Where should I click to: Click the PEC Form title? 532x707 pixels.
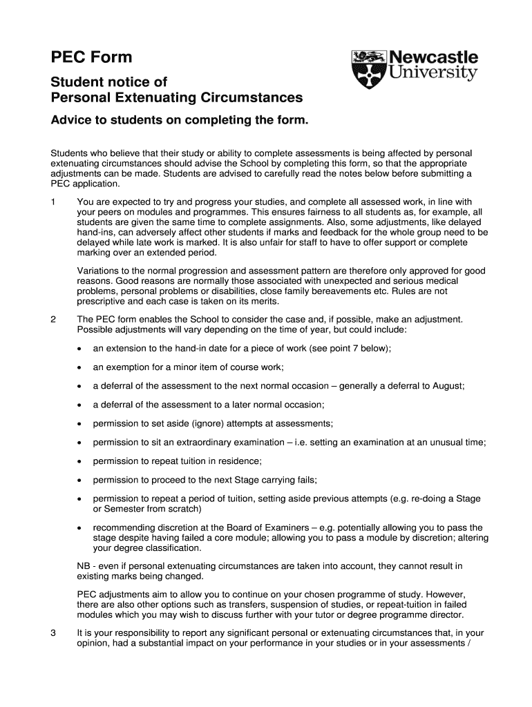(x=91, y=57)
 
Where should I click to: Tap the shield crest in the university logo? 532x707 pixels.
(x=366, y=69)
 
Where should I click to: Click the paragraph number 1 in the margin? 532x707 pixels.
(x=54, y=202)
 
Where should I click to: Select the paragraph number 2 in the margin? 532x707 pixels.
(x=54, y=320)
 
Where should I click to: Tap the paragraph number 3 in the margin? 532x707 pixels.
(x=54, y=632)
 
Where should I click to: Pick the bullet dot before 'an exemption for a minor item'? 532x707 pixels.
(x=81, y=367)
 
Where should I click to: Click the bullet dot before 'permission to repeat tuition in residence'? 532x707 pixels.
(x=81, y=461)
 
